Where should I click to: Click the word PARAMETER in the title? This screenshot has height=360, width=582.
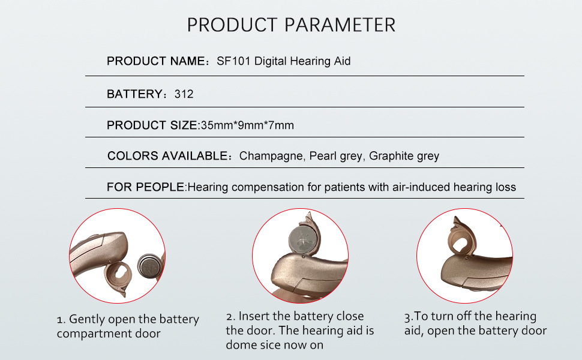click(x=340, y=25)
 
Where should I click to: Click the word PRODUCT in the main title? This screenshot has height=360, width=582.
click(x=232, y=25)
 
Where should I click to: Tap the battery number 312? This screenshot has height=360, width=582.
click(x=184, y=94)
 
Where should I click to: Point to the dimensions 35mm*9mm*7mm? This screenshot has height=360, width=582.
click(x=247, y=125)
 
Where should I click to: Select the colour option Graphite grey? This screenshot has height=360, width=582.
click(x=404, y=156)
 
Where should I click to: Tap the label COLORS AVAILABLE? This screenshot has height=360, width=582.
click(x=167, y=155)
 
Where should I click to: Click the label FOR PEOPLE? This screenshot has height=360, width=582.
click(x=145, y=187)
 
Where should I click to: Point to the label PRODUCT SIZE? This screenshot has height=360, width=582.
click(x=152, y=125)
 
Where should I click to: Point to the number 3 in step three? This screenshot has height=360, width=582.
click(x=407, y=317)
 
